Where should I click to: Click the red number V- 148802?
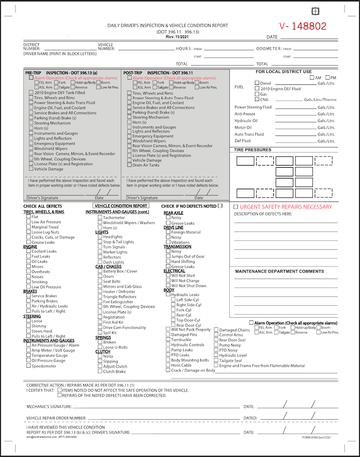click(x=302, y=26)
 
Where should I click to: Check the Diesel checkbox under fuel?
click(x=257, y=83)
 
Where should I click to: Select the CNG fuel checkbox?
click(x=257, y=99)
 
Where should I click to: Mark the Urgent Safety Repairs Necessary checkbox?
click(x=236, y=206)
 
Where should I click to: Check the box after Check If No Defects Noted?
click(x=220, y=205)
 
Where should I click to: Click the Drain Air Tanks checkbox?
click(x=129, y=165)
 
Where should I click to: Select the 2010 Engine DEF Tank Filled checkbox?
click(x=31, y=92)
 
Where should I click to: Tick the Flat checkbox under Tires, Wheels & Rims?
click(x=29, y=217)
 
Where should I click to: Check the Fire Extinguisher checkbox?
click(x=100, y=302)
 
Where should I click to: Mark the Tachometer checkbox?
click(x=100, y=218)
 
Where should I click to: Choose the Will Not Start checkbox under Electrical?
click(x=168, y=276)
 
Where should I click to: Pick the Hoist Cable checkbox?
click(x=168, y=365)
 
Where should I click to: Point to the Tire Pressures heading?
click(x=252, y=150)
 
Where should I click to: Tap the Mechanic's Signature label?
click(x=49, y=406)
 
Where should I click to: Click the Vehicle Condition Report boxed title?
click(x=121, y=205)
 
